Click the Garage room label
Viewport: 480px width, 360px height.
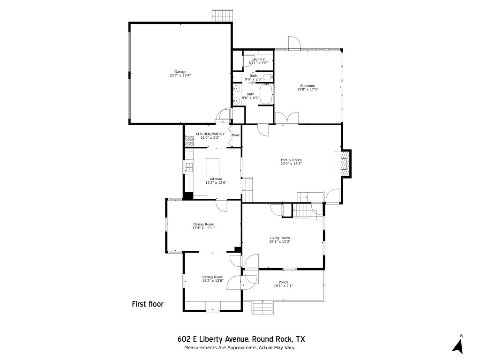tap(180, 72)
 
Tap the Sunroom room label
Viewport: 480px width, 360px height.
tap(307, 85)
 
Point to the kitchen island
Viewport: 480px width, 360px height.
tap(213, 166)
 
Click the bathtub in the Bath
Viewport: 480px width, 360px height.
tap(266, 94)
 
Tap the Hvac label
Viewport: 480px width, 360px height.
tap(236, 135)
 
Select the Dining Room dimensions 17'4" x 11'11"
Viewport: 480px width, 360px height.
tap(203, 228)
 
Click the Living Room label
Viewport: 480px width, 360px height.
tap(279, 238)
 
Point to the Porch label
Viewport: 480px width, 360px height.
tap(283, 282)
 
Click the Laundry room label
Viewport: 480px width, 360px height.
tap(258, 59)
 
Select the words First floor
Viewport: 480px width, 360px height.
tap(148, 304)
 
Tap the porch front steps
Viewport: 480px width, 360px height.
tap(262, 308)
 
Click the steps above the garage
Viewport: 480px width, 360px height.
tap(222, 15)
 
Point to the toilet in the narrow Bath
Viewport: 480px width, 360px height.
tap(266, 77)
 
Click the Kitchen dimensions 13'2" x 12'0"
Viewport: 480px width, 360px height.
tap(216, 183)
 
